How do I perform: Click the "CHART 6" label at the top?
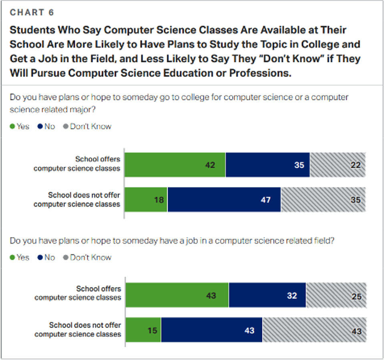pos(32,12)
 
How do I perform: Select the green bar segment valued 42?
pos(175,165)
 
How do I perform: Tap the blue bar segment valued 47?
pos(224,199)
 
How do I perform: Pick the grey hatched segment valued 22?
pos(338,165)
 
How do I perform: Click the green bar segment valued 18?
pos(146,199)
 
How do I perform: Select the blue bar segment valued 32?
pos(267,296)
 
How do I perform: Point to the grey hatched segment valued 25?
pos(336,296)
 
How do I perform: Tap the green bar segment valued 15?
pos(143,330)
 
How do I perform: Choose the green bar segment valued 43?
pos(177,296)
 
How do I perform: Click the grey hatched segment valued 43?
pos(314,330)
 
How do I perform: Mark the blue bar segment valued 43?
pos(211,330)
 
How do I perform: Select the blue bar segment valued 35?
pos(267,165)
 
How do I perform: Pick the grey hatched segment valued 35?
pos(323,199)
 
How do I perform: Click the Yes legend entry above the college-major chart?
pos(20,127)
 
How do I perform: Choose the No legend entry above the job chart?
pos(46,257)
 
